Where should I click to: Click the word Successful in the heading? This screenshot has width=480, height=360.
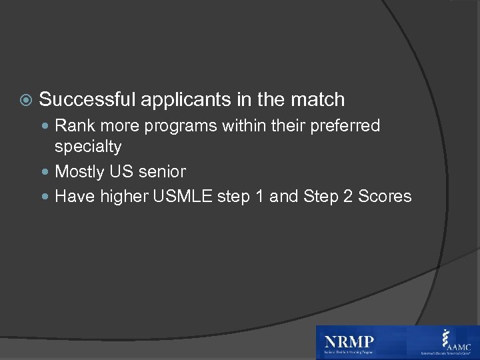coord(87,100)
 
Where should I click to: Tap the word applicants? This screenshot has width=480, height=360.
coord(181,100)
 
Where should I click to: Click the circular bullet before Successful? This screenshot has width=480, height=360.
coord(25,101)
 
